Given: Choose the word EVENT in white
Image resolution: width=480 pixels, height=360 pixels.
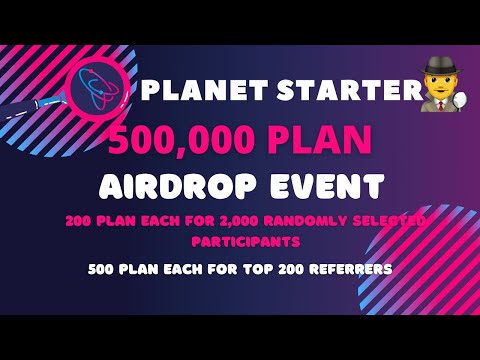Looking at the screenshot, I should [x=331, y=185].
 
